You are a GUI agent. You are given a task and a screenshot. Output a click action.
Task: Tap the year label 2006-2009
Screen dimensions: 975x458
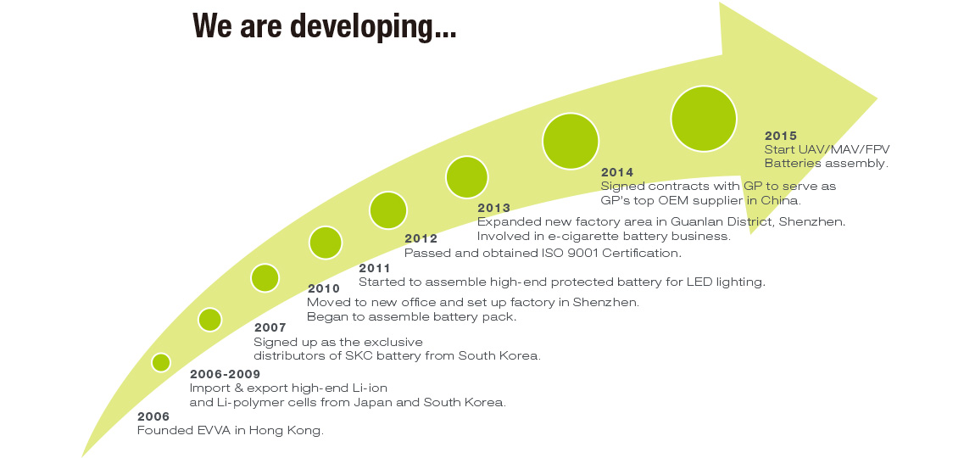coord(225,375)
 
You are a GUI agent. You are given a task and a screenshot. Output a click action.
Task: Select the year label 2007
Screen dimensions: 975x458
coord(270,328)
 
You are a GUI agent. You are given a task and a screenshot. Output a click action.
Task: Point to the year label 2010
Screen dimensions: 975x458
coord(324,288)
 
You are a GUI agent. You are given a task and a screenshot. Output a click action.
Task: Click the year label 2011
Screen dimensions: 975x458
coord(375,269)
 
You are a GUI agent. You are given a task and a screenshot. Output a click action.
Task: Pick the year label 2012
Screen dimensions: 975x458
coord(421,239)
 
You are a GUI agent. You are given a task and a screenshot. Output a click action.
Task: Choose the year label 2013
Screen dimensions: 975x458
coord(493,209)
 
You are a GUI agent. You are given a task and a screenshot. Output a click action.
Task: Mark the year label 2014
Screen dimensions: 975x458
coord(617,172)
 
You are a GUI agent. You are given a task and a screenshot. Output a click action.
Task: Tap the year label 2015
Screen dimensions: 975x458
coord(780,136)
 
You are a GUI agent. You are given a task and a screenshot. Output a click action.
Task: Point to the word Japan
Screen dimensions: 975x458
coord(373,403)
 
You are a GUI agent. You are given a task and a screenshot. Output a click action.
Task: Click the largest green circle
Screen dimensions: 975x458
coord(703,119)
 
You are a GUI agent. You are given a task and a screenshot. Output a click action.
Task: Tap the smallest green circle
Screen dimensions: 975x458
coord(161,362)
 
